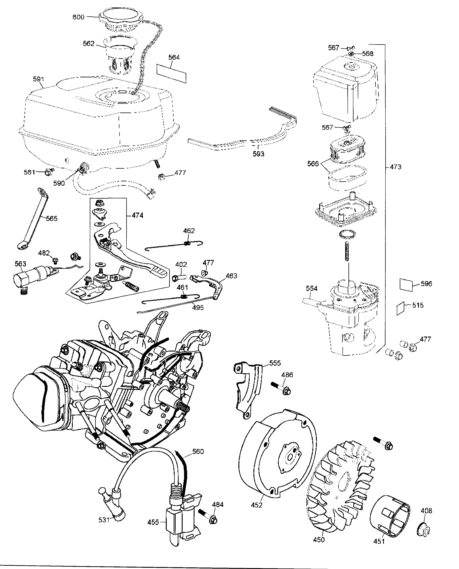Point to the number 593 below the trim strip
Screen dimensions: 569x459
point(258,154)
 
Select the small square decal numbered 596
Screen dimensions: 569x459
point(406,284)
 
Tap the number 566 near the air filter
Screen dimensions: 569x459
point(313,164)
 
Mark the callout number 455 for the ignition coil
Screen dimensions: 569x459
point(153,522)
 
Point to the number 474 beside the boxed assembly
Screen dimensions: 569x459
point(137,215)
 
